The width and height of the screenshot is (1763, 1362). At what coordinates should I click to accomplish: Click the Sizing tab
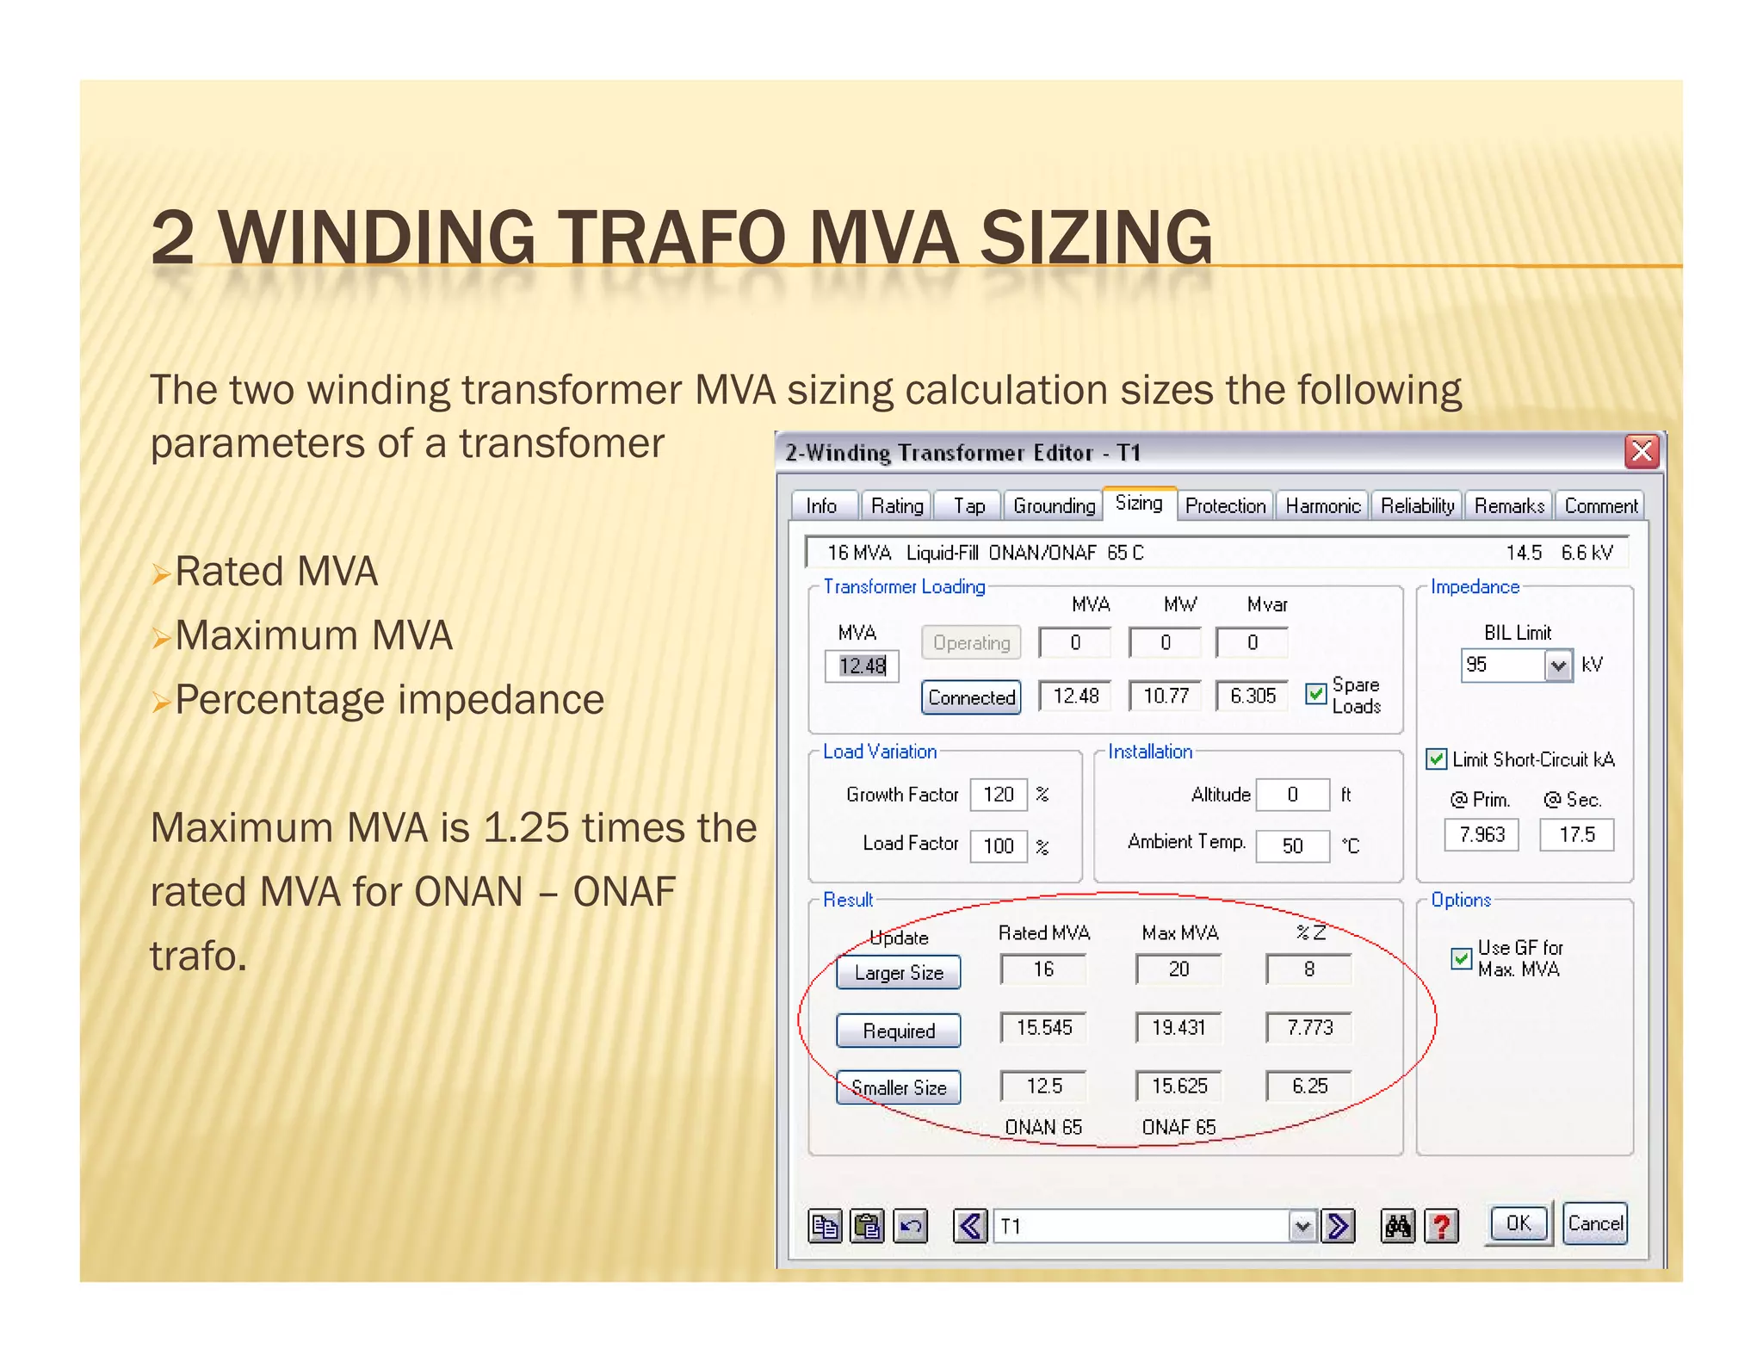pos(1138,504)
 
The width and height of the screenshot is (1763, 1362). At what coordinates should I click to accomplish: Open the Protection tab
pos(1225,505)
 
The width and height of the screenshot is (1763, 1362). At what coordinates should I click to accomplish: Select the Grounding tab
pos(1054,505)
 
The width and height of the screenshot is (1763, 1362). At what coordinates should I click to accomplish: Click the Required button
pos(898,1031)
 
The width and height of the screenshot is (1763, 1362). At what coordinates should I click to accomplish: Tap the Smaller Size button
pos(898,1087)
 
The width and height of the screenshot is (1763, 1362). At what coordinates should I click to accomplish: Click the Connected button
pos(971,697)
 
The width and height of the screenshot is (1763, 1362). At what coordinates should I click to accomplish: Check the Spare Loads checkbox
pos(1315,694)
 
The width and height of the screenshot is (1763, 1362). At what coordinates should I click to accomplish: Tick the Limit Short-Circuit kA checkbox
pos(1436,758)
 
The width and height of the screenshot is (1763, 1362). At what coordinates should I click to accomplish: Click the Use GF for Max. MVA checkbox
pos(1461,958)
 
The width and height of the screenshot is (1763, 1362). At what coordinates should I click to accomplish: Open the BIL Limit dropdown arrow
pos(1557,666)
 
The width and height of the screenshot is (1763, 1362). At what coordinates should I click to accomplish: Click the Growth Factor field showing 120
pos(998,794)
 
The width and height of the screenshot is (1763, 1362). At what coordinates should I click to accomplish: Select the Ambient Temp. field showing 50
pos(1291,845)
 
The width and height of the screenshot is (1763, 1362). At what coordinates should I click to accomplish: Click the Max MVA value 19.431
pos(1178,1027)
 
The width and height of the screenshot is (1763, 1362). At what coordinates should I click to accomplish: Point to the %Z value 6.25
pos(1308,1086)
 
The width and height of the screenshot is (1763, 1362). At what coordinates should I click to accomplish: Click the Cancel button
pos(1594,1223)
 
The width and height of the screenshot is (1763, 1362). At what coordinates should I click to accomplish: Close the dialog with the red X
pos(1642,451)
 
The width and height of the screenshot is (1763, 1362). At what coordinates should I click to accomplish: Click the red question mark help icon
pos(1442,1225)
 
